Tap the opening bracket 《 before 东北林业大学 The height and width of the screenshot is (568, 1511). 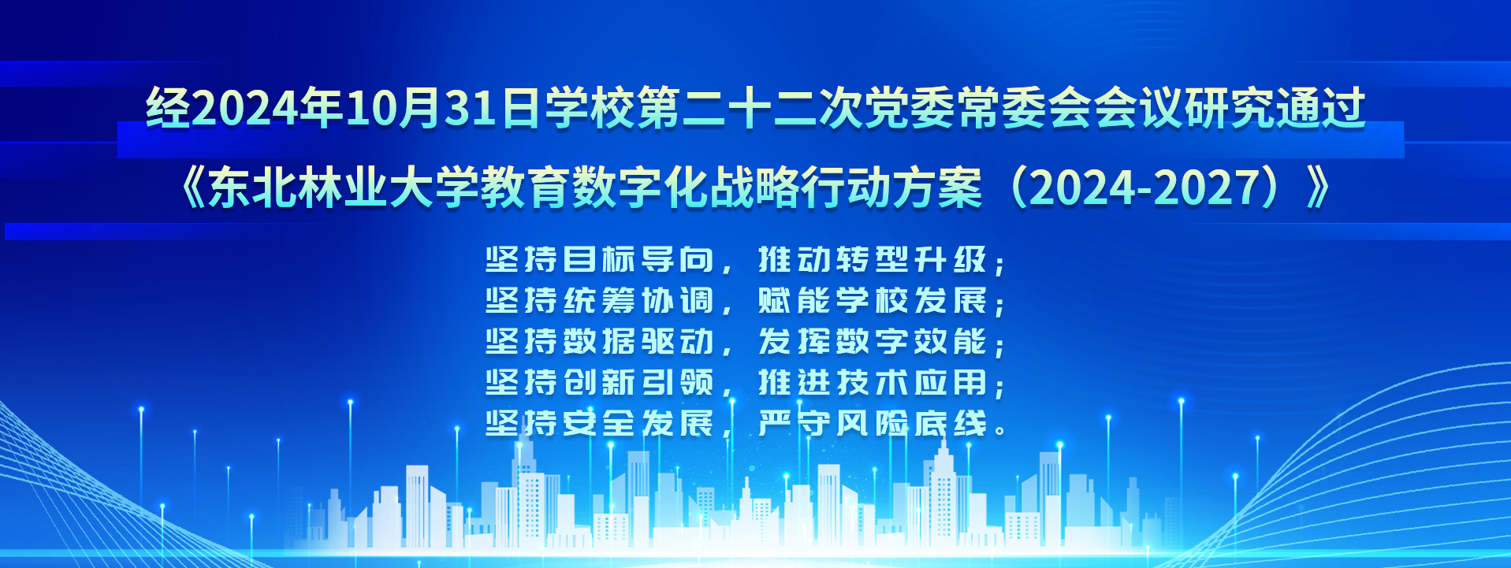click(x=192, y=189)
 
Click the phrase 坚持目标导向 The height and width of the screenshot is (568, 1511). click(x=600, y=260)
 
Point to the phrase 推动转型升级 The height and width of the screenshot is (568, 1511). click(x=873, y=260)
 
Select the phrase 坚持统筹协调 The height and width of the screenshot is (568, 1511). click(x=600, y=301)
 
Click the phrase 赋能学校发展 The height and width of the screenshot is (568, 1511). click(x=873, y=301)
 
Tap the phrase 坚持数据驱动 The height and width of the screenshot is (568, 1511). click(x=600, y=342)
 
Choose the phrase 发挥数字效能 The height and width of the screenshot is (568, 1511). click(x=873, y=342)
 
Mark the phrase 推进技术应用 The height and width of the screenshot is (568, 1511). click(x=873, y=383)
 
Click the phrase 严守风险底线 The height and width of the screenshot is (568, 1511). click(x=873, y=424)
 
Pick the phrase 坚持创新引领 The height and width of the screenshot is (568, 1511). click(x=600, y=383)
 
